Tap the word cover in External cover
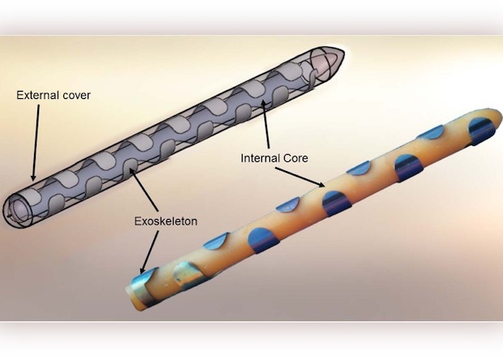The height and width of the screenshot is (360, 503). point(75,95)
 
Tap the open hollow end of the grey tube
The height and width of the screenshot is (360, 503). point(18,207)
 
